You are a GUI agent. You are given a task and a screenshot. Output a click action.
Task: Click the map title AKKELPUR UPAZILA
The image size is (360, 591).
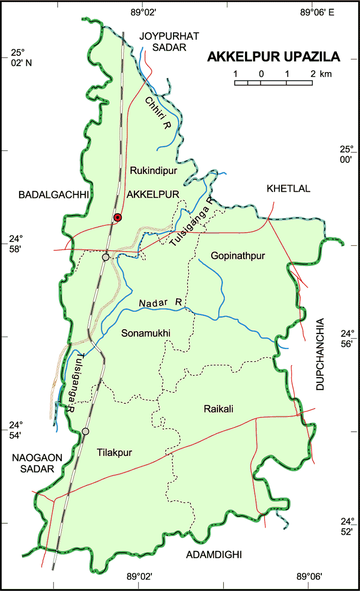(x=274, y=57)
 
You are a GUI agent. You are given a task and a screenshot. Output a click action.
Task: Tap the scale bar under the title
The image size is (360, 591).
(x=273, y=83)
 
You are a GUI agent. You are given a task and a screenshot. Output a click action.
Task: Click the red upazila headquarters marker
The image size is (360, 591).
(x=118, y=217)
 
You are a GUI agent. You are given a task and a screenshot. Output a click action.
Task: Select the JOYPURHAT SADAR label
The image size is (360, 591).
(x=163, y=41)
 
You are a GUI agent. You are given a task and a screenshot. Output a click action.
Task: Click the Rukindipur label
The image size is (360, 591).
(x=154, y=171)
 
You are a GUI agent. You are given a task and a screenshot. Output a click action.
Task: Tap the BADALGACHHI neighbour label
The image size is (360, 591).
(x=53, y=195)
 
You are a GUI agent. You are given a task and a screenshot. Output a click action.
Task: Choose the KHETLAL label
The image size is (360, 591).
(x=288, y=188)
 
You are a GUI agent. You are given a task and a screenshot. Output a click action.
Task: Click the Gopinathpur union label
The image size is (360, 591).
(x=237, y=256)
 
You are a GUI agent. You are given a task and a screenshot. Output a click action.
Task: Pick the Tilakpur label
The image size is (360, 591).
(x=114, y=452)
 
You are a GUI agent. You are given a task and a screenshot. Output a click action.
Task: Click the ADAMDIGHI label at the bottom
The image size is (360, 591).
(x=214, y=555)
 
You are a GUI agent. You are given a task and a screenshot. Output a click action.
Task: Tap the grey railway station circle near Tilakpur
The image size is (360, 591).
(x=85, y=431)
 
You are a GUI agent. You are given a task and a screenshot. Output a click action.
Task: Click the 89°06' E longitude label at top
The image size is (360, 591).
(x=317, y=13)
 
